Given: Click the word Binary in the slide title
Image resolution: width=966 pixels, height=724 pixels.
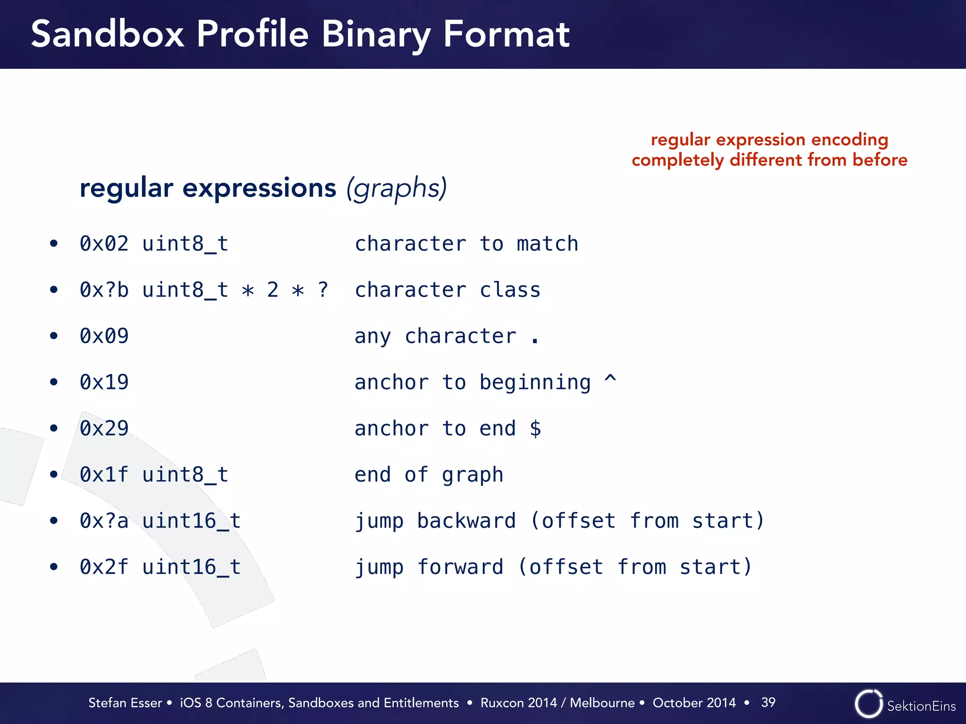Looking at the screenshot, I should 375,35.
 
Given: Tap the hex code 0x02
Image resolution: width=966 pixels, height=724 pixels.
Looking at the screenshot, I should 104,244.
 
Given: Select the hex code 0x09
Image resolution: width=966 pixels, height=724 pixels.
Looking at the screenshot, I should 104,336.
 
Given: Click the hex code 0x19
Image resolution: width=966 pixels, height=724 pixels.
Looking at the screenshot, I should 104,382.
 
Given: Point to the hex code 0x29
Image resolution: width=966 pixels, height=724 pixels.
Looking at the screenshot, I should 104,428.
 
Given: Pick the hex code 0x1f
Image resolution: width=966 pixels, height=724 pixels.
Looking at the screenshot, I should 104,475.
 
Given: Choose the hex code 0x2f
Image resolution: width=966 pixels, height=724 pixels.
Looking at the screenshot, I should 104,567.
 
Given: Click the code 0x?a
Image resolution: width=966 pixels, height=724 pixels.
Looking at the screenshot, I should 104,521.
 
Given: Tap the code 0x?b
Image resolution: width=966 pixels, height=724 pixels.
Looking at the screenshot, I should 104,290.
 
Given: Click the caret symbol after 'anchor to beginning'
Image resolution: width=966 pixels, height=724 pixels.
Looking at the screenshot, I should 610,379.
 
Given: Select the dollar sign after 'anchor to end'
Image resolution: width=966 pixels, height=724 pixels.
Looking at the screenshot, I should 535,428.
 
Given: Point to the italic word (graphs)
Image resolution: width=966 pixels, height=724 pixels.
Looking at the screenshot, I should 396,189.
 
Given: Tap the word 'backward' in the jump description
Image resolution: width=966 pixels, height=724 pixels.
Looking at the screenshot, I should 466,521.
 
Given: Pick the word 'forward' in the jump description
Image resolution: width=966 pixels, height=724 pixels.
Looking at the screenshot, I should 460,567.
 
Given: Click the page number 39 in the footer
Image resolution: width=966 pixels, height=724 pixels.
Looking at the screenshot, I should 768,702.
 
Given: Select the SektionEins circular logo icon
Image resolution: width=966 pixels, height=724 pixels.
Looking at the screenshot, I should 868,704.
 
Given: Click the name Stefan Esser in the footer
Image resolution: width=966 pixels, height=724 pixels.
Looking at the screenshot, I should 125,703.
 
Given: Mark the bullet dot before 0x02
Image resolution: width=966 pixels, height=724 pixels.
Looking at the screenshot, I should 54,244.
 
